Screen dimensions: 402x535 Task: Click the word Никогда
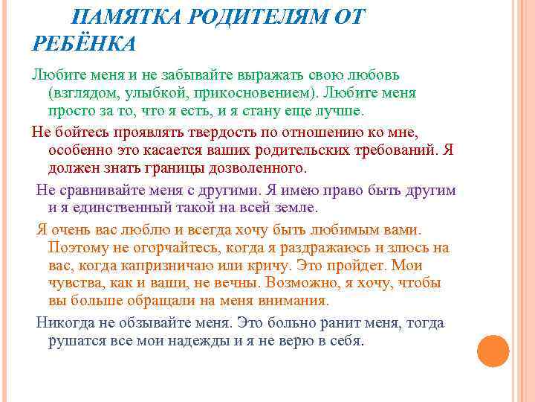point(65,323)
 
